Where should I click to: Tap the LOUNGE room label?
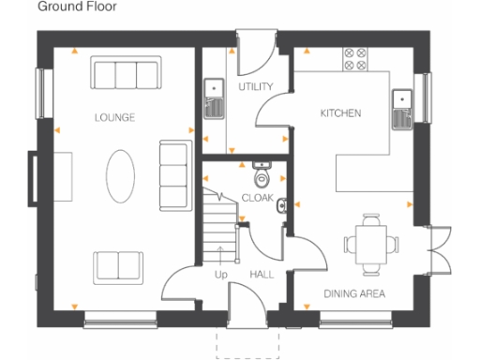coord(115,118)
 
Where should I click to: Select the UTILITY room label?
coord(254,86)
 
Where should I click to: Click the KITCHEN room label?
coord(340,112)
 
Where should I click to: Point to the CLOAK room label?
coord(257,198)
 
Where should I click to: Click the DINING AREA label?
coord(354,293)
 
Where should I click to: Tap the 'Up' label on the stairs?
coord(221,275)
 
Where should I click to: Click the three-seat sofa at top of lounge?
coord(125,74)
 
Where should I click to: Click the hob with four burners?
coord(356,61)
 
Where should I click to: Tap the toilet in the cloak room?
coord(262,176)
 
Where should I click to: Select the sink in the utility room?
coord(213,98)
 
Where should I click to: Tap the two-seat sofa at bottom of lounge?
coord(116,265)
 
